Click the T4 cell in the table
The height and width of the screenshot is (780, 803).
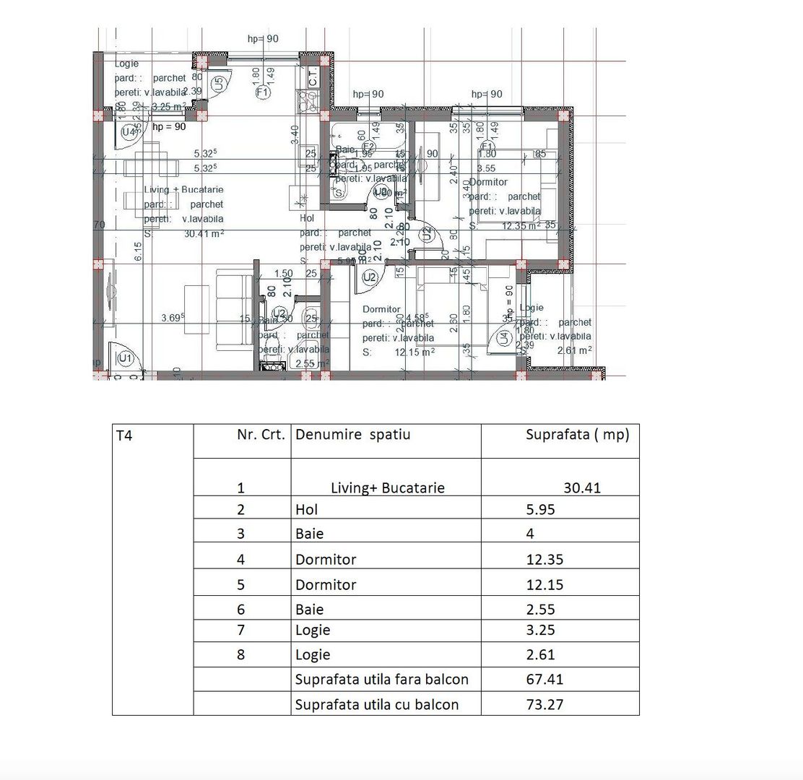123,435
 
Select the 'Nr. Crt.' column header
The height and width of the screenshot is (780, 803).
261,435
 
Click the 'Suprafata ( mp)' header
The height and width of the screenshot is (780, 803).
577,435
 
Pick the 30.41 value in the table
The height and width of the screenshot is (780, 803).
582,487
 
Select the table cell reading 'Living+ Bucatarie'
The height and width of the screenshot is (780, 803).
387,487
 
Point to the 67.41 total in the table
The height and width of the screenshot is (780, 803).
545,679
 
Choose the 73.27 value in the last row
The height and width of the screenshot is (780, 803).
545,704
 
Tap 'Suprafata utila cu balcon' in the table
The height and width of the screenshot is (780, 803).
376,704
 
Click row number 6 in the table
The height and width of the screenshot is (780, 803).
241,610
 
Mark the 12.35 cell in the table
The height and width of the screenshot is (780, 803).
545,559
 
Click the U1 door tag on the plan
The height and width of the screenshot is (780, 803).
126,358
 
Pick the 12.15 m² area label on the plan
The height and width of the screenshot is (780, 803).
414,352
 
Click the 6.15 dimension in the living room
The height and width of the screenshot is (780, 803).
138,251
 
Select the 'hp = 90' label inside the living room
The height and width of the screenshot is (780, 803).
169,126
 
